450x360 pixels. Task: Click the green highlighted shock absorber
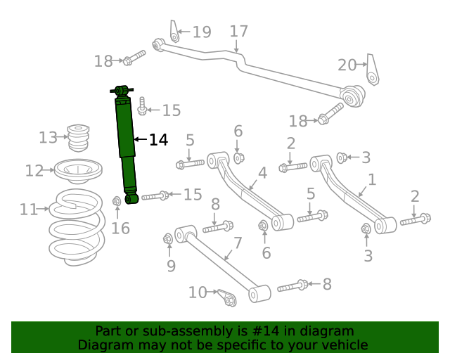coord(126,141)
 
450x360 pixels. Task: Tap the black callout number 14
coord(158,140)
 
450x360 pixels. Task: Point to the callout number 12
coord(34,170)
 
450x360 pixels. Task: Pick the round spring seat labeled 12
coord(78,169)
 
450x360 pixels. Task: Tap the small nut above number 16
coord(117,202)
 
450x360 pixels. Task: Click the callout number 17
coord(238,32)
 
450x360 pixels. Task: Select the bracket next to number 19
coord(174,32)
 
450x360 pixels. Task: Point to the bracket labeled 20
coord(373,70)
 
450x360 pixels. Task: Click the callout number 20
coord(347,65)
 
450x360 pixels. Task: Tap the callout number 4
coord(262,173)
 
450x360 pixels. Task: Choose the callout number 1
coord(372,180)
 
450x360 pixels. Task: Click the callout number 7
coord(238,243)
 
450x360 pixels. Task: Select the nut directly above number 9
coord(168,239)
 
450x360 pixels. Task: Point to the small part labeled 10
coord(227,298)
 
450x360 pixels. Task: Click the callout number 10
coord(198,292)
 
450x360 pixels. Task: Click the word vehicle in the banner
coord(343,345)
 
